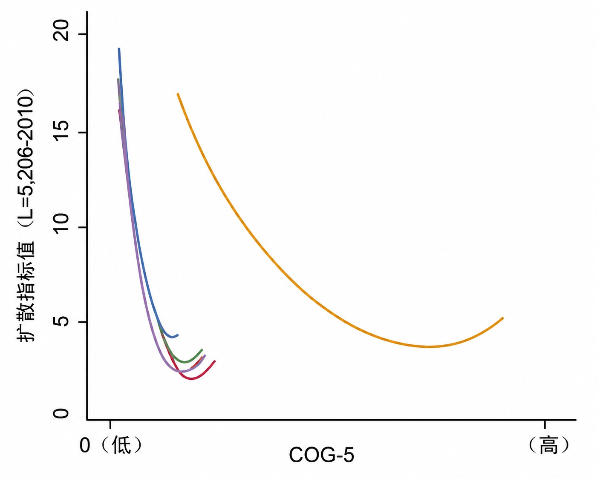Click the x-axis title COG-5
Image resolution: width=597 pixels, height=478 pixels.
(x=322, y=455)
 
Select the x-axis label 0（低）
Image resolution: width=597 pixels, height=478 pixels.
(x=111, y=445)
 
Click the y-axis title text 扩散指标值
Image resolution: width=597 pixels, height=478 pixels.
(x=26, y=291)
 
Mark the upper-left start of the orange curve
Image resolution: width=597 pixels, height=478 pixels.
(x=178, y=94)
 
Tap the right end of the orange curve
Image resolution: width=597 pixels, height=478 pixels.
(x=503, y=318)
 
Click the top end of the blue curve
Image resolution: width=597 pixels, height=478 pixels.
(x=119, y=49)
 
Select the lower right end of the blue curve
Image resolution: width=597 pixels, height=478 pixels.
(x=178, y=335)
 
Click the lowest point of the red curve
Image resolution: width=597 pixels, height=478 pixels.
(x=191, y=379)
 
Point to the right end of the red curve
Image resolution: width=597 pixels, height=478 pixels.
(x=215, y=361)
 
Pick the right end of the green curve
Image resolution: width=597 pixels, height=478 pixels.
(x=202, y=350)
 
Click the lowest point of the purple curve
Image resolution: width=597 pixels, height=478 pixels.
(x=182, y=371)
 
